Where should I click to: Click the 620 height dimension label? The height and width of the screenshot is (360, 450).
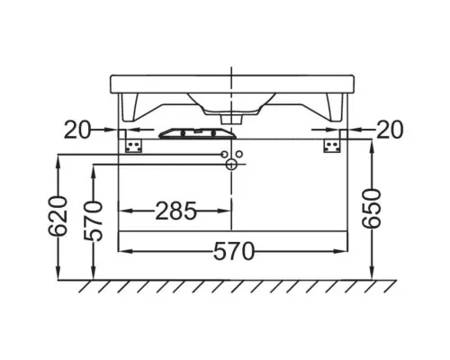tap(58, 216)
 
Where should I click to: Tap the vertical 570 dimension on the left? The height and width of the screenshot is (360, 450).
tap(94, 221)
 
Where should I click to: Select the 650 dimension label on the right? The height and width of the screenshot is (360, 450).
tap(371, 209)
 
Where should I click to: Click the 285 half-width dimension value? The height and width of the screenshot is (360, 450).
tap(175, 211)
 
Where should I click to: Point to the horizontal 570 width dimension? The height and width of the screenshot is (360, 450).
tap(234, 251)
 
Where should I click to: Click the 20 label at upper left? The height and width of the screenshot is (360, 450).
tap(77, 130)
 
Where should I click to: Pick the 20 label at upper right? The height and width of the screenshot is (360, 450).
tap(390, 130)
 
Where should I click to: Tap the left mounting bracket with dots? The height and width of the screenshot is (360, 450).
tap(133, 146)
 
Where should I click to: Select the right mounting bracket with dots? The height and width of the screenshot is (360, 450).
tap(332, 146)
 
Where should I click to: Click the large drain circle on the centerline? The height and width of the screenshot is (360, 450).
tap(231, 165)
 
